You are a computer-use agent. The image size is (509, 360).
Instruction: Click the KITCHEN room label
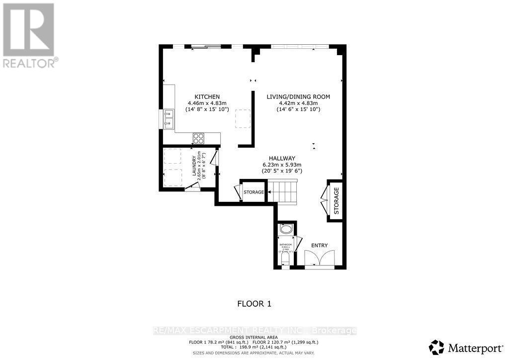(x=207, y=96)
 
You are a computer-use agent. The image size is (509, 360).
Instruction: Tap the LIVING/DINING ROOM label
(x=298, y=96)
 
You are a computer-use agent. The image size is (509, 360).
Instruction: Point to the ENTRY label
(x=319, y=246)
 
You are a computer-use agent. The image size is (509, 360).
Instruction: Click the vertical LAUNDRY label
(x=194, y=168)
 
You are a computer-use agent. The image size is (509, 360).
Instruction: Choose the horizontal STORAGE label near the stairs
(x=254, y=192)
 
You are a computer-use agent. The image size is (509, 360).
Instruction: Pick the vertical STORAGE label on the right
(x=336, y=201)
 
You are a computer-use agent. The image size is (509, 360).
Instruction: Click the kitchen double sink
(x=168, y=118)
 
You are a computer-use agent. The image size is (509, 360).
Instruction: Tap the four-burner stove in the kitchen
(x=199, y=138)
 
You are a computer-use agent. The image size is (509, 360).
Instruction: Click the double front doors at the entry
(x=317, y=259)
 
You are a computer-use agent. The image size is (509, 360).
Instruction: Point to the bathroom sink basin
(x=286, y=230)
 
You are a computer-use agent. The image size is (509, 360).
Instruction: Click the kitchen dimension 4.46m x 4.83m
(x=207, y=103)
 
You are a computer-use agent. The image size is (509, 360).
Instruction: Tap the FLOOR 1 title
(x=254, y=303)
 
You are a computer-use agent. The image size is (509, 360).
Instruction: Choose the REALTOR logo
(x=29, y=35)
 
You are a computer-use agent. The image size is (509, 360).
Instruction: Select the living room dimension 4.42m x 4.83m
(x=298, y=103)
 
